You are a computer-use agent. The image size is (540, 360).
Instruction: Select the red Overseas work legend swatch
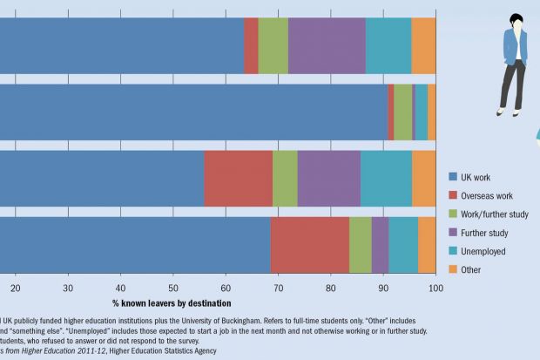(x=454, y=195)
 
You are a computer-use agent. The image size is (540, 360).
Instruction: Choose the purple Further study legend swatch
(x=454, y=233)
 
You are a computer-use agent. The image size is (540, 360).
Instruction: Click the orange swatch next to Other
(x=454, y=270)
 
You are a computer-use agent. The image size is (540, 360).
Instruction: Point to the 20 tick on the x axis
(x=16, y=288)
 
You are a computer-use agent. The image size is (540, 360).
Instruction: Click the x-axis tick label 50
(x=173, y=288)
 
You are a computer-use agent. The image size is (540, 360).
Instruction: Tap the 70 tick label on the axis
(x=278, y=288)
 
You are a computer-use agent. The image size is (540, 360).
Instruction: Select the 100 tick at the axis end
(x=435, y=288)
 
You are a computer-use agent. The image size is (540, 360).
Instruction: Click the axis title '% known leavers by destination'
(x=172, y=303)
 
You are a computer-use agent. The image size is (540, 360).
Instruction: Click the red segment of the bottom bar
(x=309, y=244)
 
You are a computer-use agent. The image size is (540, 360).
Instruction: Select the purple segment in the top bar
(x=327, y=45)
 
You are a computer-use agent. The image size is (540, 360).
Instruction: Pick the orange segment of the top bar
(x=423, y=45)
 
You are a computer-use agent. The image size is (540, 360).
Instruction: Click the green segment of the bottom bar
(x=360, y=244)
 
